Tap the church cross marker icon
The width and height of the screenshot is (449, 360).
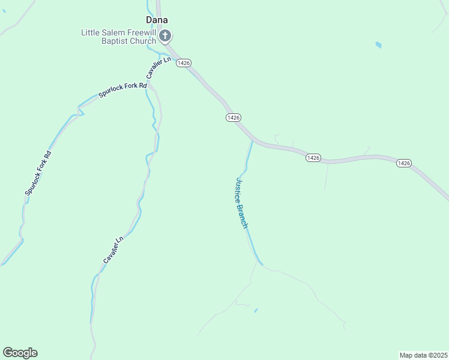point(166,37)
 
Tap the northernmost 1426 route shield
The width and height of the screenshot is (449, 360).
point(183,62)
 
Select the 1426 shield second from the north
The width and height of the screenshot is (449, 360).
point(234,117)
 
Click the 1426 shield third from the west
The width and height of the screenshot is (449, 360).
point(313,157)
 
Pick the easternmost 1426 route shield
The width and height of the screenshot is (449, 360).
point(403,163)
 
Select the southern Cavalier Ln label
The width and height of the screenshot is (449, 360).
point(113,249)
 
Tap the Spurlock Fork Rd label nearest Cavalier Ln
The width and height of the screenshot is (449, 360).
point(123,91)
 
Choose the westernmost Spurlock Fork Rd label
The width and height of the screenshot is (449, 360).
point(38,173)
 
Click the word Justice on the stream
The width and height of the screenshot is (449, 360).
point(238,190)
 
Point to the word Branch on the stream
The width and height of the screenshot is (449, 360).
point(243,217)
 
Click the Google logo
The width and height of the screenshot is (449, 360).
point(20,353)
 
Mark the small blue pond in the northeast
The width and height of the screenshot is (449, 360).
point(378,44)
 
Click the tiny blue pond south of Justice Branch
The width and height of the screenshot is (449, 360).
point(256,310)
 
